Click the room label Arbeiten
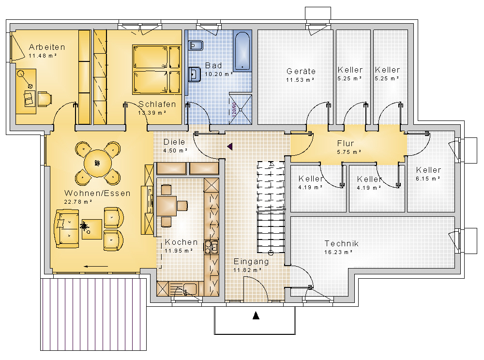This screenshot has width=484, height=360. click(x=47, y=47)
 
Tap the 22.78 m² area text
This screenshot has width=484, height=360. click(x=78, y=202)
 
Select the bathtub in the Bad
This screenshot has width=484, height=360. click(x=242, y=51)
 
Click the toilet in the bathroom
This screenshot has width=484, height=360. click(x=195, y=45)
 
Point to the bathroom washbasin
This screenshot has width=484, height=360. click(x=194, y=74)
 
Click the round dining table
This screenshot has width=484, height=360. click(x=98, y=163)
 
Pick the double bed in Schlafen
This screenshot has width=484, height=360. click(x=156, y=69)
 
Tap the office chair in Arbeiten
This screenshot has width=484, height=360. click(x=45, y=99)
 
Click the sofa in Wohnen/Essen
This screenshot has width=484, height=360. click(x=67, y=228)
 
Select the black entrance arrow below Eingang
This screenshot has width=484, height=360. click(x=256, y=315)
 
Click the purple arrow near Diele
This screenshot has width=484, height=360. click(x=230, y=146)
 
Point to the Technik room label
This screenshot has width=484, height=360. click(x=341, y=244)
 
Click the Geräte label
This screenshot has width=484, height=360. click(x=301, y=71)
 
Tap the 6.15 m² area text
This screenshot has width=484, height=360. click(x=428, y=179)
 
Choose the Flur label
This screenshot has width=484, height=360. click(x=346, y=143)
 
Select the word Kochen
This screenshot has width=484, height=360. click(x=181, y=242)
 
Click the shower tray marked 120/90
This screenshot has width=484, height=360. click(x=240, y=109)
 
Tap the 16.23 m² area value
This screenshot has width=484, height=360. click(x=338, y=252)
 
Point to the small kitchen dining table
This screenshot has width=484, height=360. click(x=166, y=206)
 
